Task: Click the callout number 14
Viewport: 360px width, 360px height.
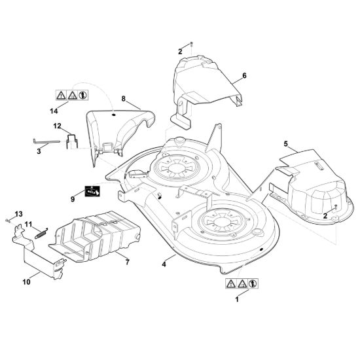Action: tap(54, 111)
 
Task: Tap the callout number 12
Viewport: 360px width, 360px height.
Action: tap(58, 126)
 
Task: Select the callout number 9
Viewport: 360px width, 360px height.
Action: tap(73, 199)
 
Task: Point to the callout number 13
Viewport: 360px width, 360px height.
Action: tap(18, 214)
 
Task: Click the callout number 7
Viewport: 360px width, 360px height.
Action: tap(128, 262)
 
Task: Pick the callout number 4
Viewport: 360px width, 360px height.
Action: tap(164, 264)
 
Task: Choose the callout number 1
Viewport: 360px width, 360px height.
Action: tap(237, 299)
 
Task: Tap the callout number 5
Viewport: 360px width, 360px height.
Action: tap(285, 144)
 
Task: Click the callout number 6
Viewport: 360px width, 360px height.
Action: tap(244, 75)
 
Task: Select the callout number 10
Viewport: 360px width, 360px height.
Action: tap(27, 281)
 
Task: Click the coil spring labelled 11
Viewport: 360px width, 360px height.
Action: tap(41, 233)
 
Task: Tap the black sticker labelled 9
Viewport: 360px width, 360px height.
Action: tap(92, 191)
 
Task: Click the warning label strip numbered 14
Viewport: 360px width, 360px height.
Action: tap(72, 95)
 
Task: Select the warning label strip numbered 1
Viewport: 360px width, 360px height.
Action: tap(242, 283)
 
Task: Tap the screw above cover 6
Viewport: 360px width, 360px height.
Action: tap(192, 45)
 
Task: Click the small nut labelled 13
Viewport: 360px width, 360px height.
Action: tap(8, 221)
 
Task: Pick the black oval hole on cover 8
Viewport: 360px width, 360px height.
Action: tap(113, 114)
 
